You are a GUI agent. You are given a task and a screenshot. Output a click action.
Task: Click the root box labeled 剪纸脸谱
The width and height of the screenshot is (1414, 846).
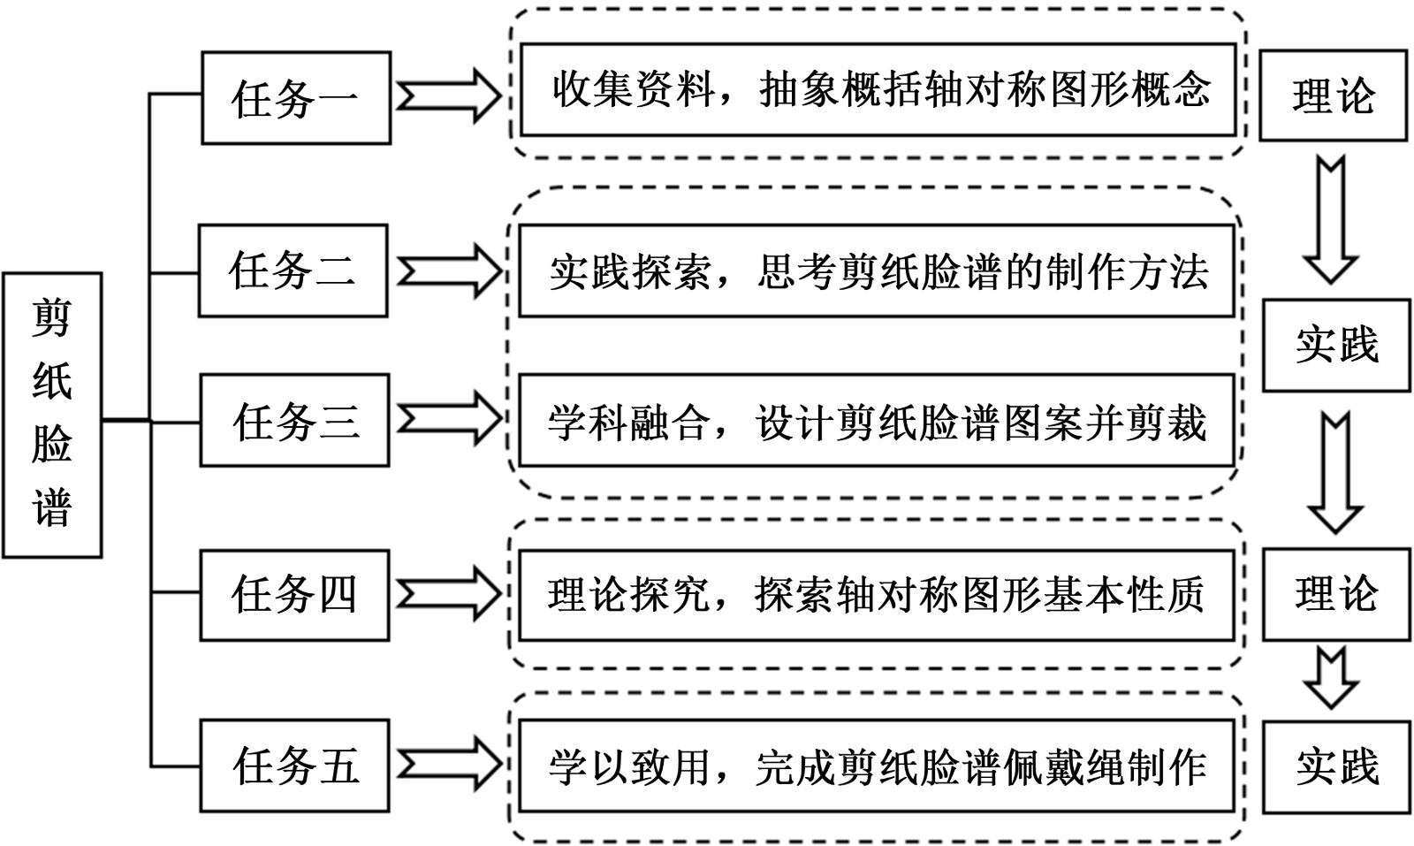(x=52, y=415)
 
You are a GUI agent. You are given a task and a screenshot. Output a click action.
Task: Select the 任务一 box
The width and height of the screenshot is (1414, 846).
(x=296, y=98)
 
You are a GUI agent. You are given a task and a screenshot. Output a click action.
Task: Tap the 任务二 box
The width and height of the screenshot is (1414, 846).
(x=293, y=271)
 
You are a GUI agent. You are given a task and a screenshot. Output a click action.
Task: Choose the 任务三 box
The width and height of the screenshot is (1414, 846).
(x=294, y=420)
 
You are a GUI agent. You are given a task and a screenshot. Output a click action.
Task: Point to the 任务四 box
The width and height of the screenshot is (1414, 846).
(x=294, y=594)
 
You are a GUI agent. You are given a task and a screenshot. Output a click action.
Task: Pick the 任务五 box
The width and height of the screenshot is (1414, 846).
(x=294, y=766)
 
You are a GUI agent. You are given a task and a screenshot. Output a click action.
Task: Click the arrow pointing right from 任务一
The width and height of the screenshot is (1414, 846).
(x=449, y=95)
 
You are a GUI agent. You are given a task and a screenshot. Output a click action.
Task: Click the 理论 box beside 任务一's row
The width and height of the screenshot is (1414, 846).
(x=1333, y=96)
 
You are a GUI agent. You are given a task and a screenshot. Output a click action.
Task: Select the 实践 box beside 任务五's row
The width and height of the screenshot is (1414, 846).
(x=1336, y=766)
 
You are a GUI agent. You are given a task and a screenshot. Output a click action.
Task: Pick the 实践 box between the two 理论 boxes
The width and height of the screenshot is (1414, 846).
(x=1335, y=345)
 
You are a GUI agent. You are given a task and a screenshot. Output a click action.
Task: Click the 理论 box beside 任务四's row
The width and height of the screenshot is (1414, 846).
(x=1335, y=594)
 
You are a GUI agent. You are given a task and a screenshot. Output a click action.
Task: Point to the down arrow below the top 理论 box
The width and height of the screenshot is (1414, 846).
(x=1330, y=220)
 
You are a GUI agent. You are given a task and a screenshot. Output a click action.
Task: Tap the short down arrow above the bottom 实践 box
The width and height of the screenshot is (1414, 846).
(x=1331, y=677)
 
